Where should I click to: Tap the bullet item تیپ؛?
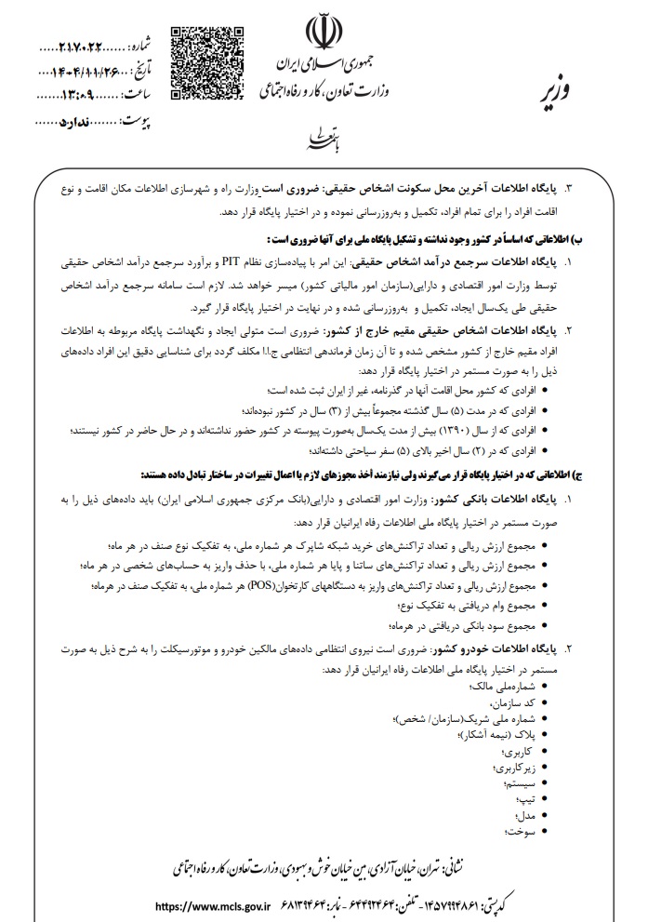526,799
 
